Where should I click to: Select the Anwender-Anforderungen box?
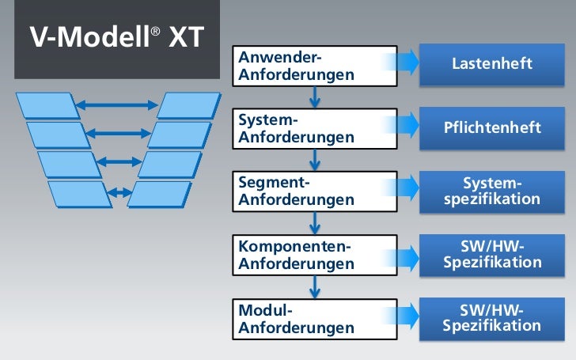coord(315,66)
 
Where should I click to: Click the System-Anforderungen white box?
coord(315,128)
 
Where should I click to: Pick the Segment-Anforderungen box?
coord(315,191)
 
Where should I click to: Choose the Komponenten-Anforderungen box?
coord(315,254)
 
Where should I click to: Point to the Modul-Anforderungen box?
coord(315,317)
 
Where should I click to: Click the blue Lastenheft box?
coord(491,63)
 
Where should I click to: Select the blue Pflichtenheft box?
coord(491,127)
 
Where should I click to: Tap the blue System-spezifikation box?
coord(491,191)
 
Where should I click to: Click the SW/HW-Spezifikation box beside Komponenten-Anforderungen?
coord(491,254)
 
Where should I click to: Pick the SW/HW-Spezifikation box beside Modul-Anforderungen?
coord(491,317)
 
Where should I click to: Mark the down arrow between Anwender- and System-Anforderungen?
coord(315,97)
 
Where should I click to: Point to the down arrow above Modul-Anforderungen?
coord(315,286)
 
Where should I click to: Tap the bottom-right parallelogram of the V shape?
coord(159,194)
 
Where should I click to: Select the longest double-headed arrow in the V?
coord(117,104)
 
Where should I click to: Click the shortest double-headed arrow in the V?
coord(119,192)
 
